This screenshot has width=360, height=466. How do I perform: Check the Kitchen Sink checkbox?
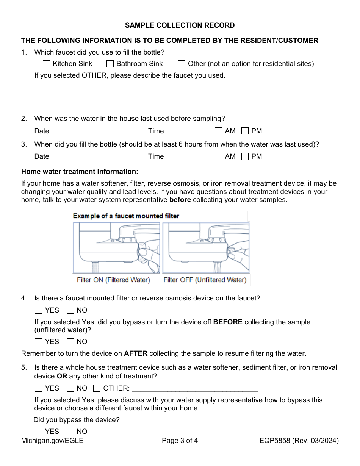tap(46, 64)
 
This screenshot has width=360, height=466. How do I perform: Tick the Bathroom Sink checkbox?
tap(110, 64)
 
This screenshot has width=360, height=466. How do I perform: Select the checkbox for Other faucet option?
tap(181, 64)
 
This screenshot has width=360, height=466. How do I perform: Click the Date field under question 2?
tap(98, 131)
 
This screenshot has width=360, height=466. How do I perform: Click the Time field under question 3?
tap(188, 156)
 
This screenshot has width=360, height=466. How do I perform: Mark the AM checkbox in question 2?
tap(218, 131)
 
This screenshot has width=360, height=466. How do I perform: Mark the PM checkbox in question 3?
tap(245, 156)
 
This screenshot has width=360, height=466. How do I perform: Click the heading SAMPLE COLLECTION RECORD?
tap(180, 25)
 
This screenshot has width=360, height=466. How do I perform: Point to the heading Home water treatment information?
tap(80, 172)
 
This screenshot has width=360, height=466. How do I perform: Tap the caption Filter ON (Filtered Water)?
tap(113, 280)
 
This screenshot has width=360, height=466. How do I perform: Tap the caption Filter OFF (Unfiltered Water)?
tap(205, 280)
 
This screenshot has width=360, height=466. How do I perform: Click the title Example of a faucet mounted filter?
tap(126, 216)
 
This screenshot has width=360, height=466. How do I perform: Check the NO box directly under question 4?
tap(70, 311)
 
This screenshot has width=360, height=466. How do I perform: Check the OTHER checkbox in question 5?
tap(97, 388)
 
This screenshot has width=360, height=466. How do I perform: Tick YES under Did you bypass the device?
tap(38, 432)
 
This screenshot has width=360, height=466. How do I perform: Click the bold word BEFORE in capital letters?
tap(228, 322)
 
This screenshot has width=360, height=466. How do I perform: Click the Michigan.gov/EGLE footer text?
tap(52, 441)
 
